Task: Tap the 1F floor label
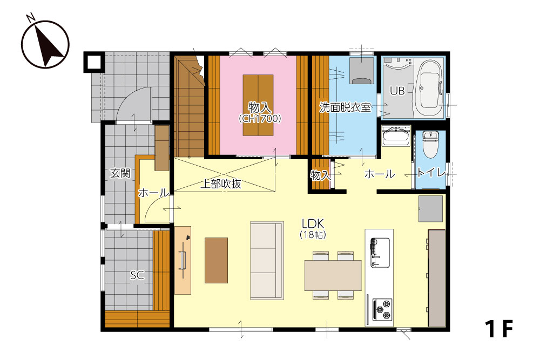(x=499, y=329)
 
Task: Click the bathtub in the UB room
(x=428, y=89)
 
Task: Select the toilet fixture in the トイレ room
(x=430, y=144)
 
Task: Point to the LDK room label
(x=313, y=224)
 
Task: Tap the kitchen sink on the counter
(x=380, y=253)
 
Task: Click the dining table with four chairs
(x=333, y=275)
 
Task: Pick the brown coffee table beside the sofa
(x=217, y=260)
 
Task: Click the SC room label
(x=137, y=275)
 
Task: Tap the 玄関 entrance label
(x=120, y=173)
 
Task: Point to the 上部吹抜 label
(x=220, y=184)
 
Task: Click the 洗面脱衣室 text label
(x=345, y=107)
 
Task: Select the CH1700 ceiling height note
(x=260, y=119)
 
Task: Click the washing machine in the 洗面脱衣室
(x=362, y=71)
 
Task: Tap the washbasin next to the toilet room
(x=396, y=137)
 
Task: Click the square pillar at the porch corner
(x=93, y=62)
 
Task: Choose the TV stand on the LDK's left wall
(x=183, y=260)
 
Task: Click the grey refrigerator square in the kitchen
(x=430, y=209)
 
